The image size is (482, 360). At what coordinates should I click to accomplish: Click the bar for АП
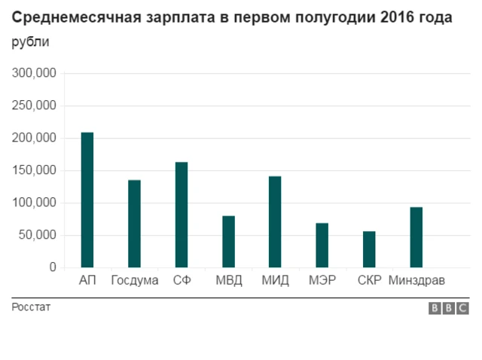(x=87, y=200)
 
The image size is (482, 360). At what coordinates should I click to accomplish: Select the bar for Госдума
(x=134, y=224)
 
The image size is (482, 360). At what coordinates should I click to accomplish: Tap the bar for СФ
(x=182, y=215)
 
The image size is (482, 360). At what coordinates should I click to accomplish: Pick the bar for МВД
(x=228, y=242)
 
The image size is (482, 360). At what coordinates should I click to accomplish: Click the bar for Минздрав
(x=416, y=237)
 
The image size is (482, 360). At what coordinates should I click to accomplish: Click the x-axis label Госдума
(x=134, y=282)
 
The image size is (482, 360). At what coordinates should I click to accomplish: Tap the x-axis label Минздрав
(x=416, y=282)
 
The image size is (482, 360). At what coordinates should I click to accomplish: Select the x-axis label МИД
(x=275, y=282)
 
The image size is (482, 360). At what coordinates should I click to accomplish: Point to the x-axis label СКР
(x=369, y=282)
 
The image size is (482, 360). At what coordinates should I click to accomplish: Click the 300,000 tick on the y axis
(x=34, y=74)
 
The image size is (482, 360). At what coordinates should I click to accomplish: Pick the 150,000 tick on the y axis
(x=34, y=171)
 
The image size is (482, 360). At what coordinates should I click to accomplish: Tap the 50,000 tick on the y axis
(x=37, y=236)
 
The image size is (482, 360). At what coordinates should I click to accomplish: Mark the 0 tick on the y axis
(x=52, y=267)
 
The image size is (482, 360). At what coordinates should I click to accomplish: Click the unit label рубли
(x=31, y=42)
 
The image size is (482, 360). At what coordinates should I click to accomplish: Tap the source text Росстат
(x=31, y=307)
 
